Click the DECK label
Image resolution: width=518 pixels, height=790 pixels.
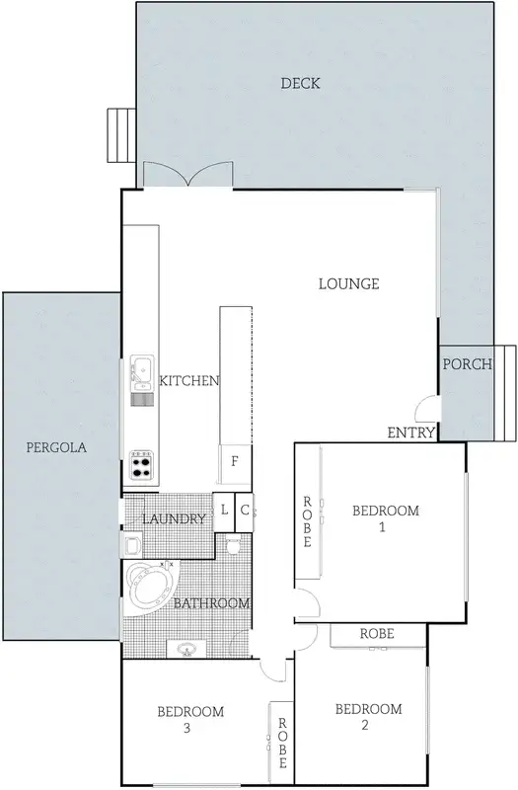pyautogui.click(x=300, y=83)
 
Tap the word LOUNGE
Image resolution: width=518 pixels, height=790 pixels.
pyautogui.click(x=348, y=284)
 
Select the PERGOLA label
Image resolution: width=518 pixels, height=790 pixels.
pyautogui.click(x=56, y=446)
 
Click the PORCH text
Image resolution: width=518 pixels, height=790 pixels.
pyautogui.click(x=467, y=364)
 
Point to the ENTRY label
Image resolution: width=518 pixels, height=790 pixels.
pyautogui.click(x=410, y=433)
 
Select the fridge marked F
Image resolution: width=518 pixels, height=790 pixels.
pyautogui.click(x=235, y=461)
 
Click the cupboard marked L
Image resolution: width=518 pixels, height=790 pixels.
pyautogui.click(x=224, y=511)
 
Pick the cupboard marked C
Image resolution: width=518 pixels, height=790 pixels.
pyautogui.click(x=244, y=511)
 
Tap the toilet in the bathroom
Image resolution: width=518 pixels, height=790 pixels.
pyautogui.click(x=234, y=544)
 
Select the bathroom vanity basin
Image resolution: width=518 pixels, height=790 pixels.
pyautogui.click(x=185, y=648)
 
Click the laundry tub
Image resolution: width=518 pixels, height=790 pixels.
pyautogui.click(x=131, y=543)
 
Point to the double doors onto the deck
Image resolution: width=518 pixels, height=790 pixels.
pyautogui.click(x=187, y=176)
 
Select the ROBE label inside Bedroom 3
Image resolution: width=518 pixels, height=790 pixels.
pyautogui.click(x=282, y=743)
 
